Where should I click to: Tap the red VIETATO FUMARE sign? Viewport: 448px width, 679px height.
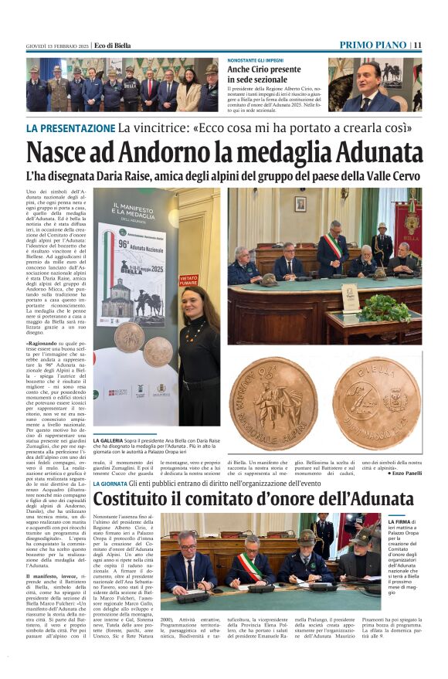(188, 280)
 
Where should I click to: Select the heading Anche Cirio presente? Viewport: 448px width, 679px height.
(264, 70)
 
